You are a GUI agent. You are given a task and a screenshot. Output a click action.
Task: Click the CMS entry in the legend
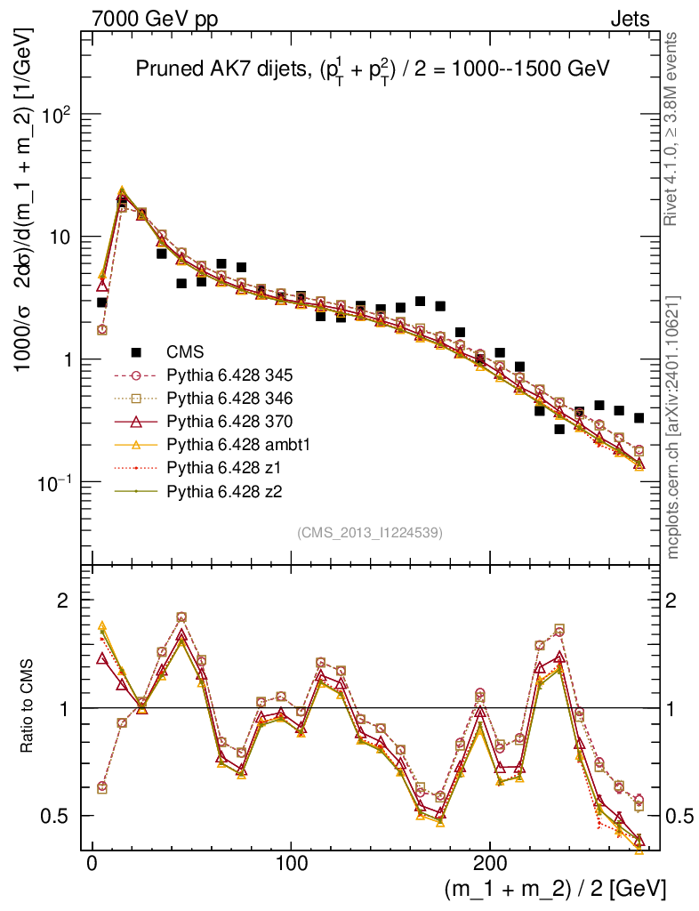click(x=186, y=351)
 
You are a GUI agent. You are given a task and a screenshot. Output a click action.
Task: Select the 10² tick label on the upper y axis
click(x=53, y=115)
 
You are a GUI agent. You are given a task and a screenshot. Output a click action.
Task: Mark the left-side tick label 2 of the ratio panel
click(x=63, y=601)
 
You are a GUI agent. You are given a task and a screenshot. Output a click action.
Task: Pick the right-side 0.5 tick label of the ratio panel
click(x=681, y=816)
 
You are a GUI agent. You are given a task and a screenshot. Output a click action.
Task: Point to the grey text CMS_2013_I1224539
click(x=370, y=532)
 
